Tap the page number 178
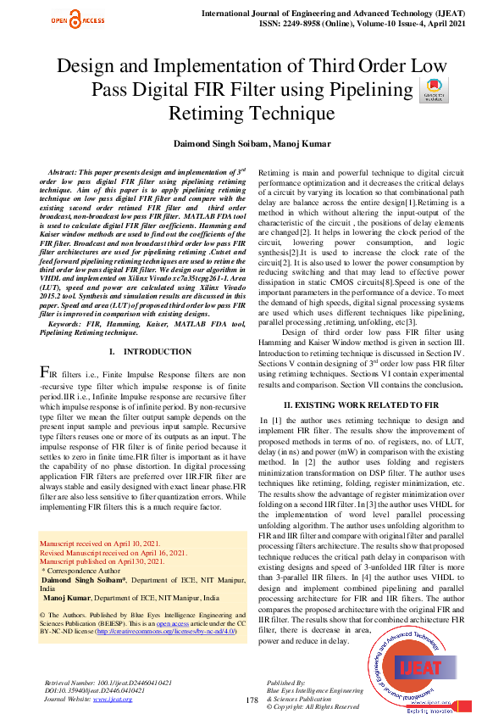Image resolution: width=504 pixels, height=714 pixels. coord(252,700)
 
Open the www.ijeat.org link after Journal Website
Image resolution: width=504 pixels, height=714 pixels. coord(113,699)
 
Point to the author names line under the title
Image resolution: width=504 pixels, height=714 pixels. coord(252,145)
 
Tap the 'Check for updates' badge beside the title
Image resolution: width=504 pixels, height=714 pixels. coord(433,91)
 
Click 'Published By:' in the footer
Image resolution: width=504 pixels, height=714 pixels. coord(285,682)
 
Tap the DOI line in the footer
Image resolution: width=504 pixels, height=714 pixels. coord(94,690)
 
